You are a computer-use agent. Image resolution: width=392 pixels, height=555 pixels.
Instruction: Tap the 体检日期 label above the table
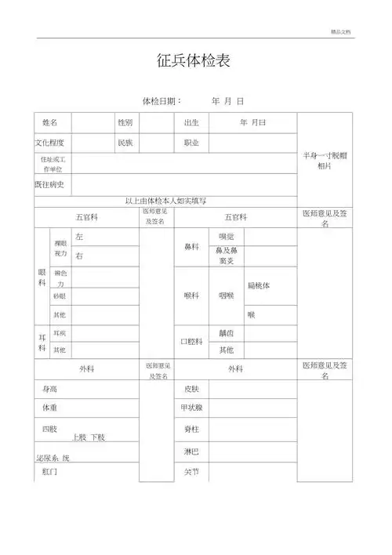tap(162, 102)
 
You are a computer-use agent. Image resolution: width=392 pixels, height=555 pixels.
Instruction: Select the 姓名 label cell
tap(50, 123)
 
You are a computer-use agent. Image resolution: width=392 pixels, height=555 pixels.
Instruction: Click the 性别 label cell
tap(125, 123)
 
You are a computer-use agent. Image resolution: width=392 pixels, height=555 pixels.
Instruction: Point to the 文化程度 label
tap(49, 143)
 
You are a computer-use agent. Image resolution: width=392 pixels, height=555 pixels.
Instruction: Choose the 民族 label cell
tap(125, 143)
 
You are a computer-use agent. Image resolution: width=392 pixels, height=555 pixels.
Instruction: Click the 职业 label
tap(191, 143)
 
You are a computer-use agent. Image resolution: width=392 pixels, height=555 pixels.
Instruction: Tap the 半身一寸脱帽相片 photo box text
tap(325, 161)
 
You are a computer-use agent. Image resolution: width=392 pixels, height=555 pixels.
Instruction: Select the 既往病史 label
tap(49, 185)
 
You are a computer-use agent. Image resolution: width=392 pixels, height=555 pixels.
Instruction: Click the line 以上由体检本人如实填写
tap(165, 201)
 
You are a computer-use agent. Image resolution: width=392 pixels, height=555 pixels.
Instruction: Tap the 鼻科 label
tap(191, 247)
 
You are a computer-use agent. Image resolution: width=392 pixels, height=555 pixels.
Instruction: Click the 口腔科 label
tap(192, 342)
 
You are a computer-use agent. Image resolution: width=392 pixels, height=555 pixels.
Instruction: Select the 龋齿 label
tap(227, 333)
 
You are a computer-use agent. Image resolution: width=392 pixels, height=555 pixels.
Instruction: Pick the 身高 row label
tap(49, 389)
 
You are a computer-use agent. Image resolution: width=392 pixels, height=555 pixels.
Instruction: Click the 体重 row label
tap(49, 408)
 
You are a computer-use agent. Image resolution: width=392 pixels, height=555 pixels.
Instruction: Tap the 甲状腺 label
tap(192, 408)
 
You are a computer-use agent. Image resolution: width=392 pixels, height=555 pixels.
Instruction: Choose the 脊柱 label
tap(191, 430)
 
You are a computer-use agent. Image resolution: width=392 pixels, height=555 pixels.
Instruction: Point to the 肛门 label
tap(49, 472)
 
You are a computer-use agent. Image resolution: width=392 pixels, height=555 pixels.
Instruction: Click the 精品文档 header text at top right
tap(342, 31)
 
